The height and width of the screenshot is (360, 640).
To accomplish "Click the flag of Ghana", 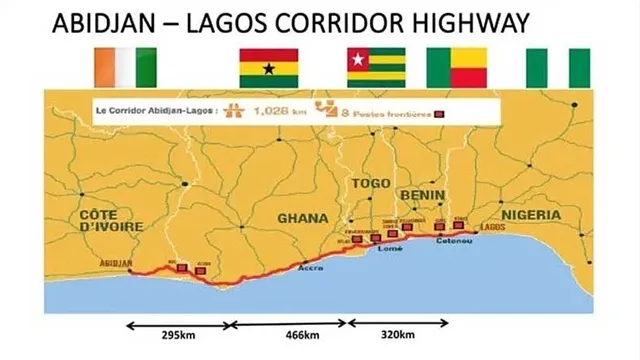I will coord(268,66).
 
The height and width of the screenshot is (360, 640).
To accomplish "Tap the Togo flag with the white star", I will coord(375,66).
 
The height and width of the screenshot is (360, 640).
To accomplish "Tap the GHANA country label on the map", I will coord(303,217).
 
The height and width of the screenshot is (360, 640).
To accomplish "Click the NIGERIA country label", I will coord(531,215).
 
